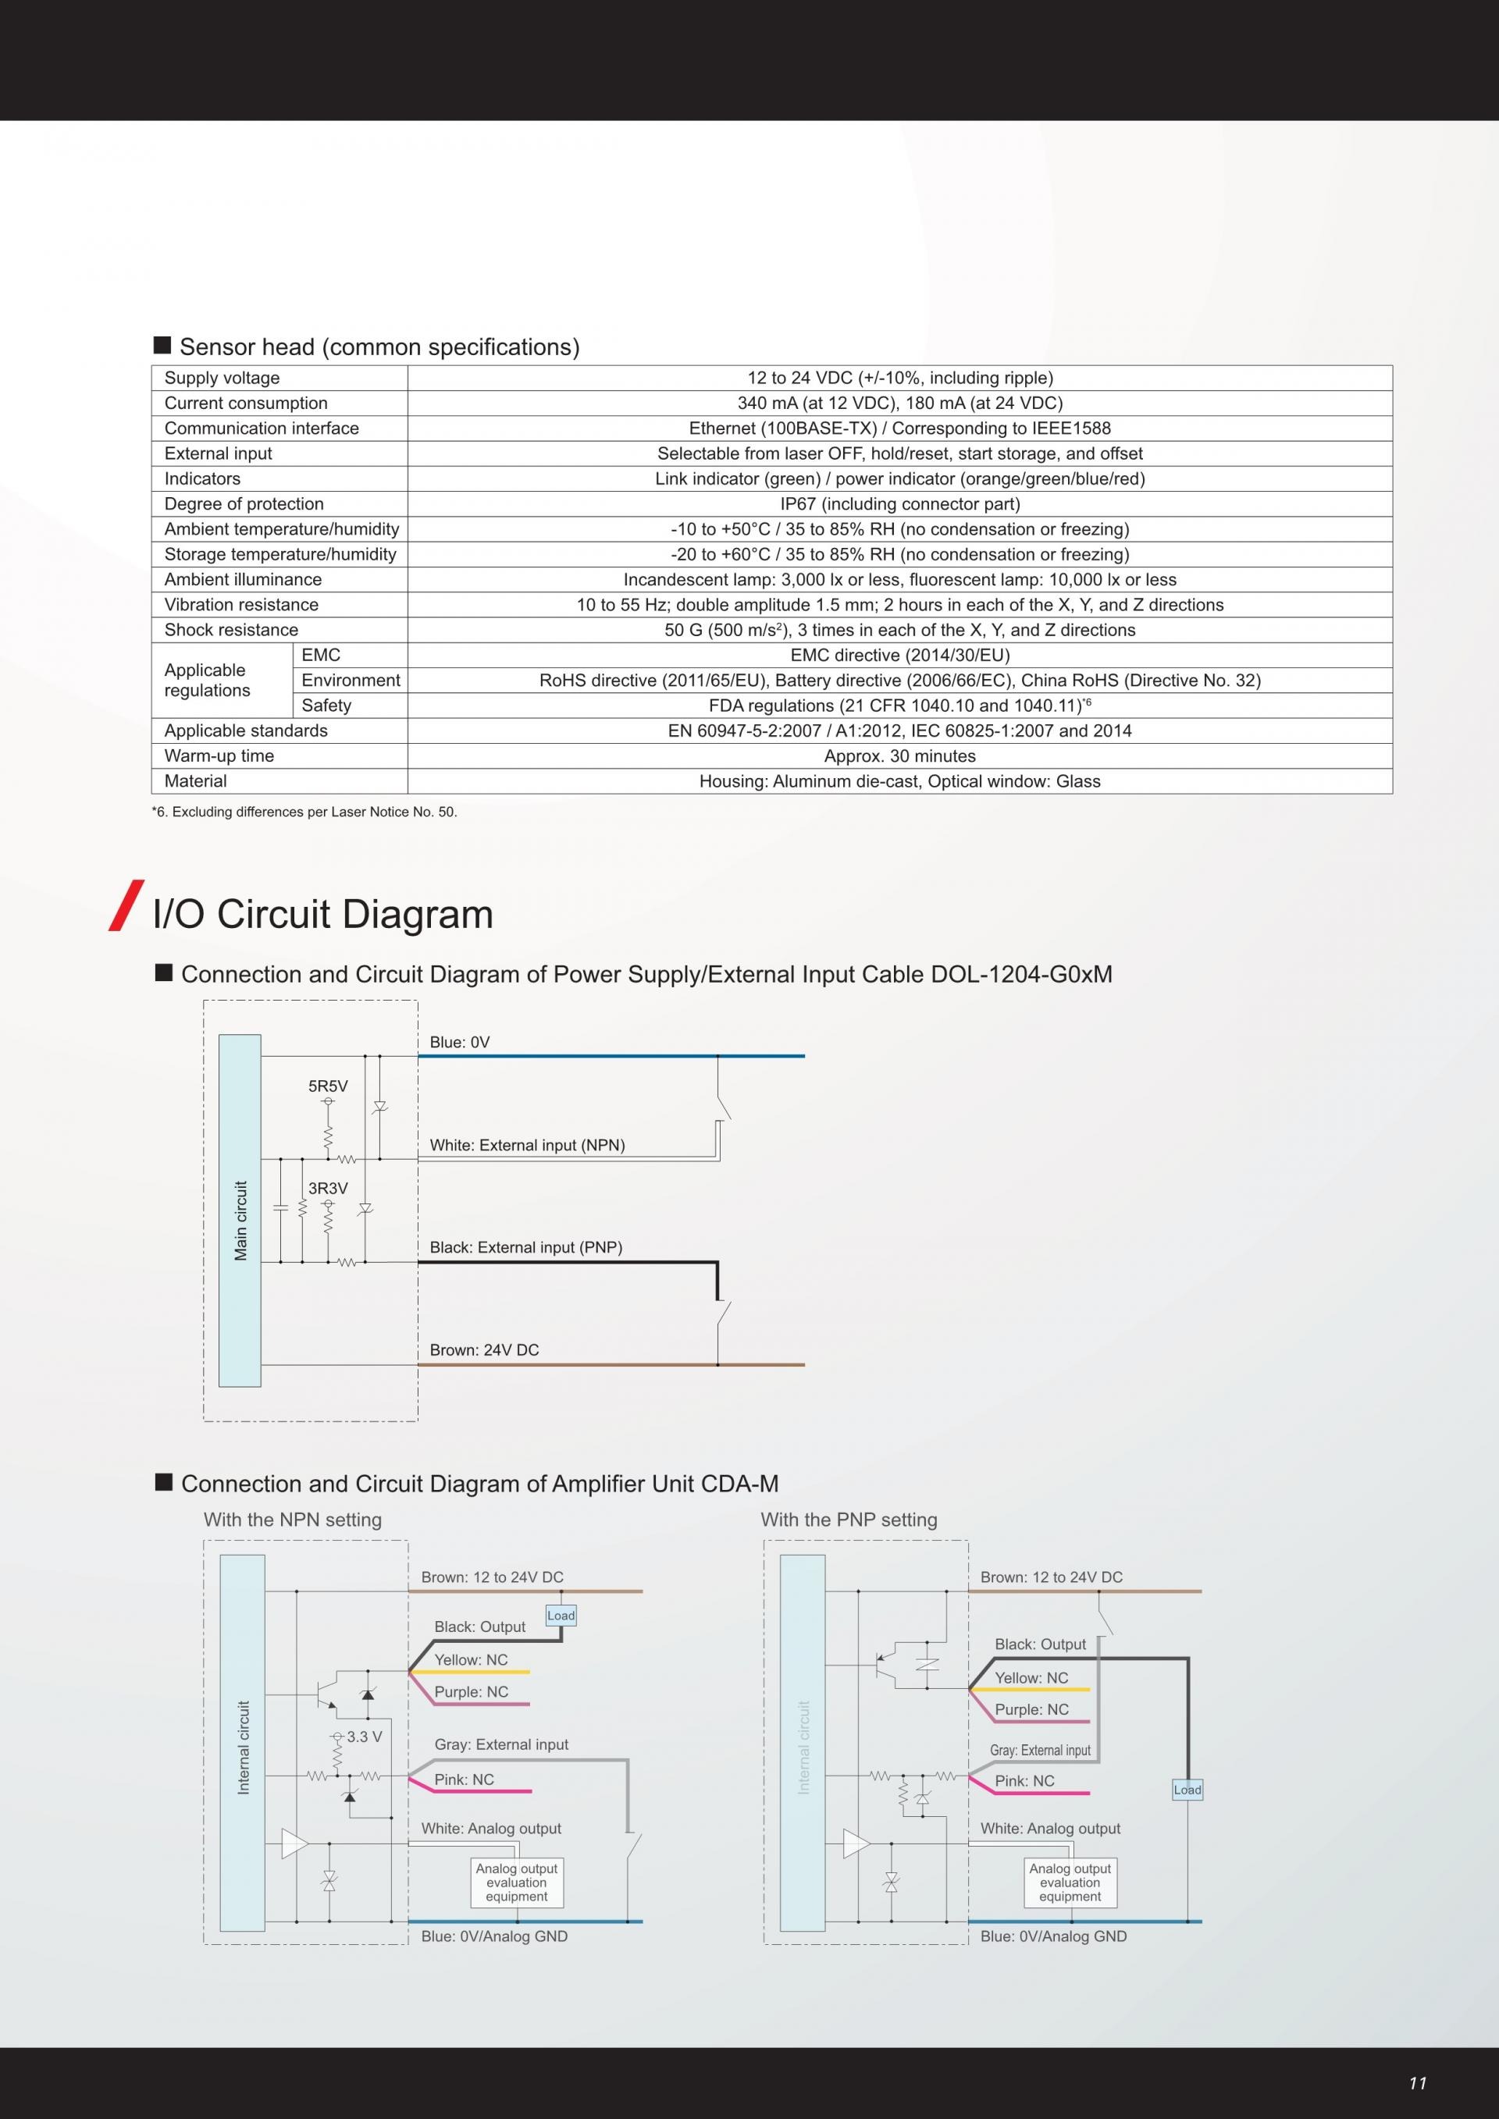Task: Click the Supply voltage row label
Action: [222, 378]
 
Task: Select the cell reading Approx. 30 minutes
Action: [899, 756]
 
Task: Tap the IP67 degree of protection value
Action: [899, 504]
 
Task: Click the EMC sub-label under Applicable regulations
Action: [321, 656]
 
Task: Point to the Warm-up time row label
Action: [219, 756]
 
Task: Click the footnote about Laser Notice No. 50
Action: [304, 812]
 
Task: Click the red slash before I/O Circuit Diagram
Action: [126, 905]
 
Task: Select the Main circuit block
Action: [240, 1211]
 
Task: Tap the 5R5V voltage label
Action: [328, 1086]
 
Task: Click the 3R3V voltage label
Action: [328, 1189]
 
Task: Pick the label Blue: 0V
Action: [460, 1043]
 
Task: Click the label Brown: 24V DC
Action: [484, 1350]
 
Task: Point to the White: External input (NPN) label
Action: [527, 1145]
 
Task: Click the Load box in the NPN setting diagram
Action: [561, 1615]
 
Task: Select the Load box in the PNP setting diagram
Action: [1187, 1790]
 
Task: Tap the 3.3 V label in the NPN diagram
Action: [364, 1737]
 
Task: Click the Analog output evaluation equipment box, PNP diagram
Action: [1070, 1883]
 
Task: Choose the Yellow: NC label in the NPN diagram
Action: [471, 1659]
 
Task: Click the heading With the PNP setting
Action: [849, 1520]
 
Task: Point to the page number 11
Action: [1418, 2083]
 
